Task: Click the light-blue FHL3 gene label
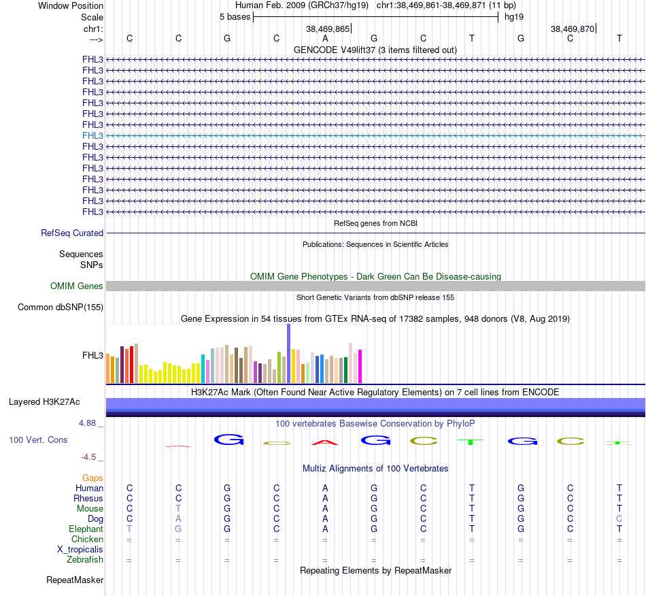(x=92, y=135)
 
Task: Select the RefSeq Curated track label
(x=72, y=233)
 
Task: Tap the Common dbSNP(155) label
(x=61, y=308)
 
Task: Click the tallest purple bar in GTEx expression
(x=288, y=353)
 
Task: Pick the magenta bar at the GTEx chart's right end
(x=360, y=366)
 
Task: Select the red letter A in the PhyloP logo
(x=325, y=443)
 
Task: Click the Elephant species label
(x=86, y=529)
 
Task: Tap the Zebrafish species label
(x=85, y=560)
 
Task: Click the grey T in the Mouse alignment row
(x=178, y=508)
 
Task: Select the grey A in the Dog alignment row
(x=178, y=518)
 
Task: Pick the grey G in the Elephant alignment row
(x=178, y=529)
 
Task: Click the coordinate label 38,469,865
(x=328, y=29)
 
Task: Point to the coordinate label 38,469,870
(x=573, y=29)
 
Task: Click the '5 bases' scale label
(x=235, y=16)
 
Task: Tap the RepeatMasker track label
(x=75, y=580)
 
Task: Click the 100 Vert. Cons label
(x=38, y=440)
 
